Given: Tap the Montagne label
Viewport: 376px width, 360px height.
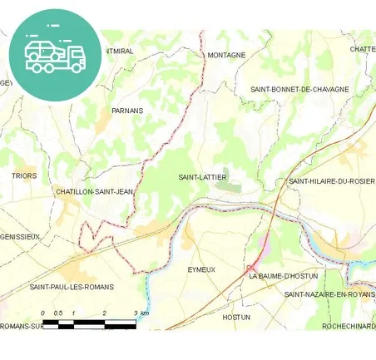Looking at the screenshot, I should (226, 55).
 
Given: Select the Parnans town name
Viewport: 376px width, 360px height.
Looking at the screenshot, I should (127, 110).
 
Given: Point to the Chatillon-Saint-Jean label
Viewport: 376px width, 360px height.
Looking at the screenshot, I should (94, 191).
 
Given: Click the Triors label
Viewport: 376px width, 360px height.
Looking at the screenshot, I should (24, 176).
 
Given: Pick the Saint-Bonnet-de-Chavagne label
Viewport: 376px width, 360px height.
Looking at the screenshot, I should (299, 89).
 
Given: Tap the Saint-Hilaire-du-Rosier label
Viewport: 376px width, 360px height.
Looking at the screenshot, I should (332, 180).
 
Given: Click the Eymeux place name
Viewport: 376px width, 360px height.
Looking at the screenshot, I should (201, 270).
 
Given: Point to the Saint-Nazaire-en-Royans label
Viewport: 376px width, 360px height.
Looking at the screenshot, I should (330, 294).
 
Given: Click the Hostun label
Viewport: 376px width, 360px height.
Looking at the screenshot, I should (236, 317).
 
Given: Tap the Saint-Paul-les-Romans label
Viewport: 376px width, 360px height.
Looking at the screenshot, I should (72, 287).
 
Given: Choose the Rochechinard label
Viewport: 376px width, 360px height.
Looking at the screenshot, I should (349, 327).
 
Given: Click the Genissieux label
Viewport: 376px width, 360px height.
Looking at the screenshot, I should (20, 236).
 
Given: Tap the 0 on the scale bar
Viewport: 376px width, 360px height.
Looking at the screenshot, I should (42, 313).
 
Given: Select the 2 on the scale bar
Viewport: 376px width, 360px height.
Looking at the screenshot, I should (105, 313).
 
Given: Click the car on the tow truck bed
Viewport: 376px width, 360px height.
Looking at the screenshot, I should (42, 48).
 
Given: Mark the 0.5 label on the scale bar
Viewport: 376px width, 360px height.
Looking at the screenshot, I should (58, 313).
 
